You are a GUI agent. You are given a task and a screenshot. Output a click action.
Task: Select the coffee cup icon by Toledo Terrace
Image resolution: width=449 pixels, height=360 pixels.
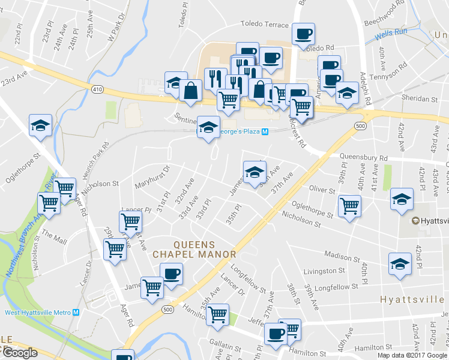[x=303, y=34]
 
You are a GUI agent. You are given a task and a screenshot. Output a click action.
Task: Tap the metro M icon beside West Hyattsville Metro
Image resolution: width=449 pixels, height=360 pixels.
[x=76, y=312]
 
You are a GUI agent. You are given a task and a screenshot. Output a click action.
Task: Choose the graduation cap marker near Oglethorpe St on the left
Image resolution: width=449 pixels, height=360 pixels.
[x=40, y=125]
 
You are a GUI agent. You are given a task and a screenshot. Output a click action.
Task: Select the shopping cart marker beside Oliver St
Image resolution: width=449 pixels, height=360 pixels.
[x=349, y=206]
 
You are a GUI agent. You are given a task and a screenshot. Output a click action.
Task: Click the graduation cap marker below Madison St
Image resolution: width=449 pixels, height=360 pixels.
[x=400, y=263]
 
